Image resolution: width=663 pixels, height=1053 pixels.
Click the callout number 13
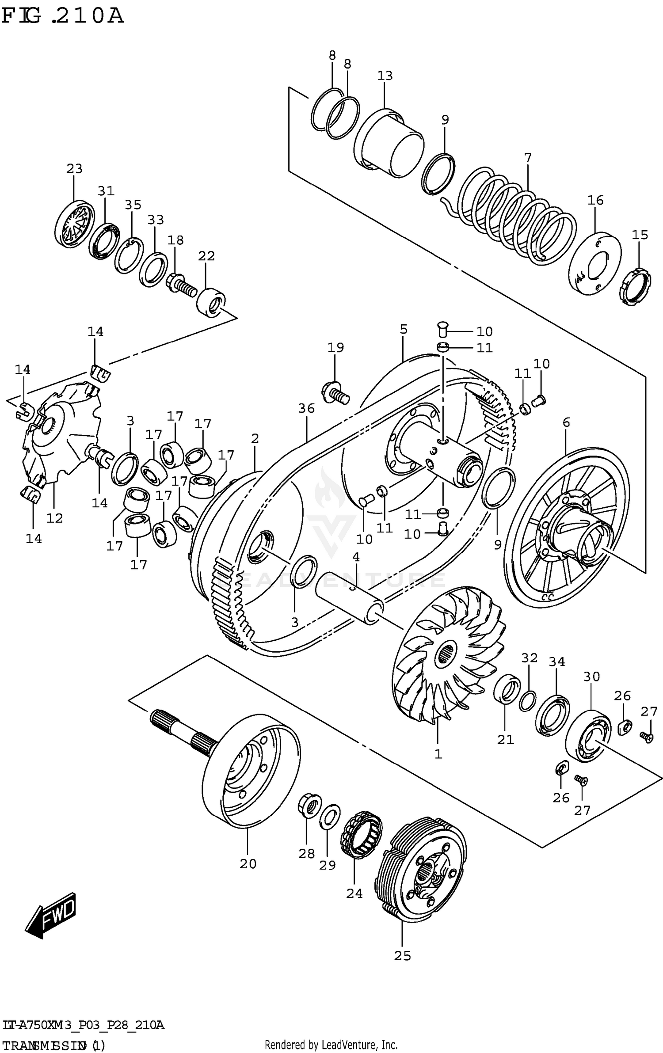[385, 76]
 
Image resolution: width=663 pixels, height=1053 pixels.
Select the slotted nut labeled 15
[635, 287]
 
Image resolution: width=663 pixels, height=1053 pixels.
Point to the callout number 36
[306, 408]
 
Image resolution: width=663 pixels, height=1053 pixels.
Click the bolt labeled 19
[336, 392]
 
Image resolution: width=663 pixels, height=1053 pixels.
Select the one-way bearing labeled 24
[361, 834]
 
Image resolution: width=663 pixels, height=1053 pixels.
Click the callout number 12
[55, 518]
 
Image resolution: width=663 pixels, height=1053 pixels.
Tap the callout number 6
[566, 422]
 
